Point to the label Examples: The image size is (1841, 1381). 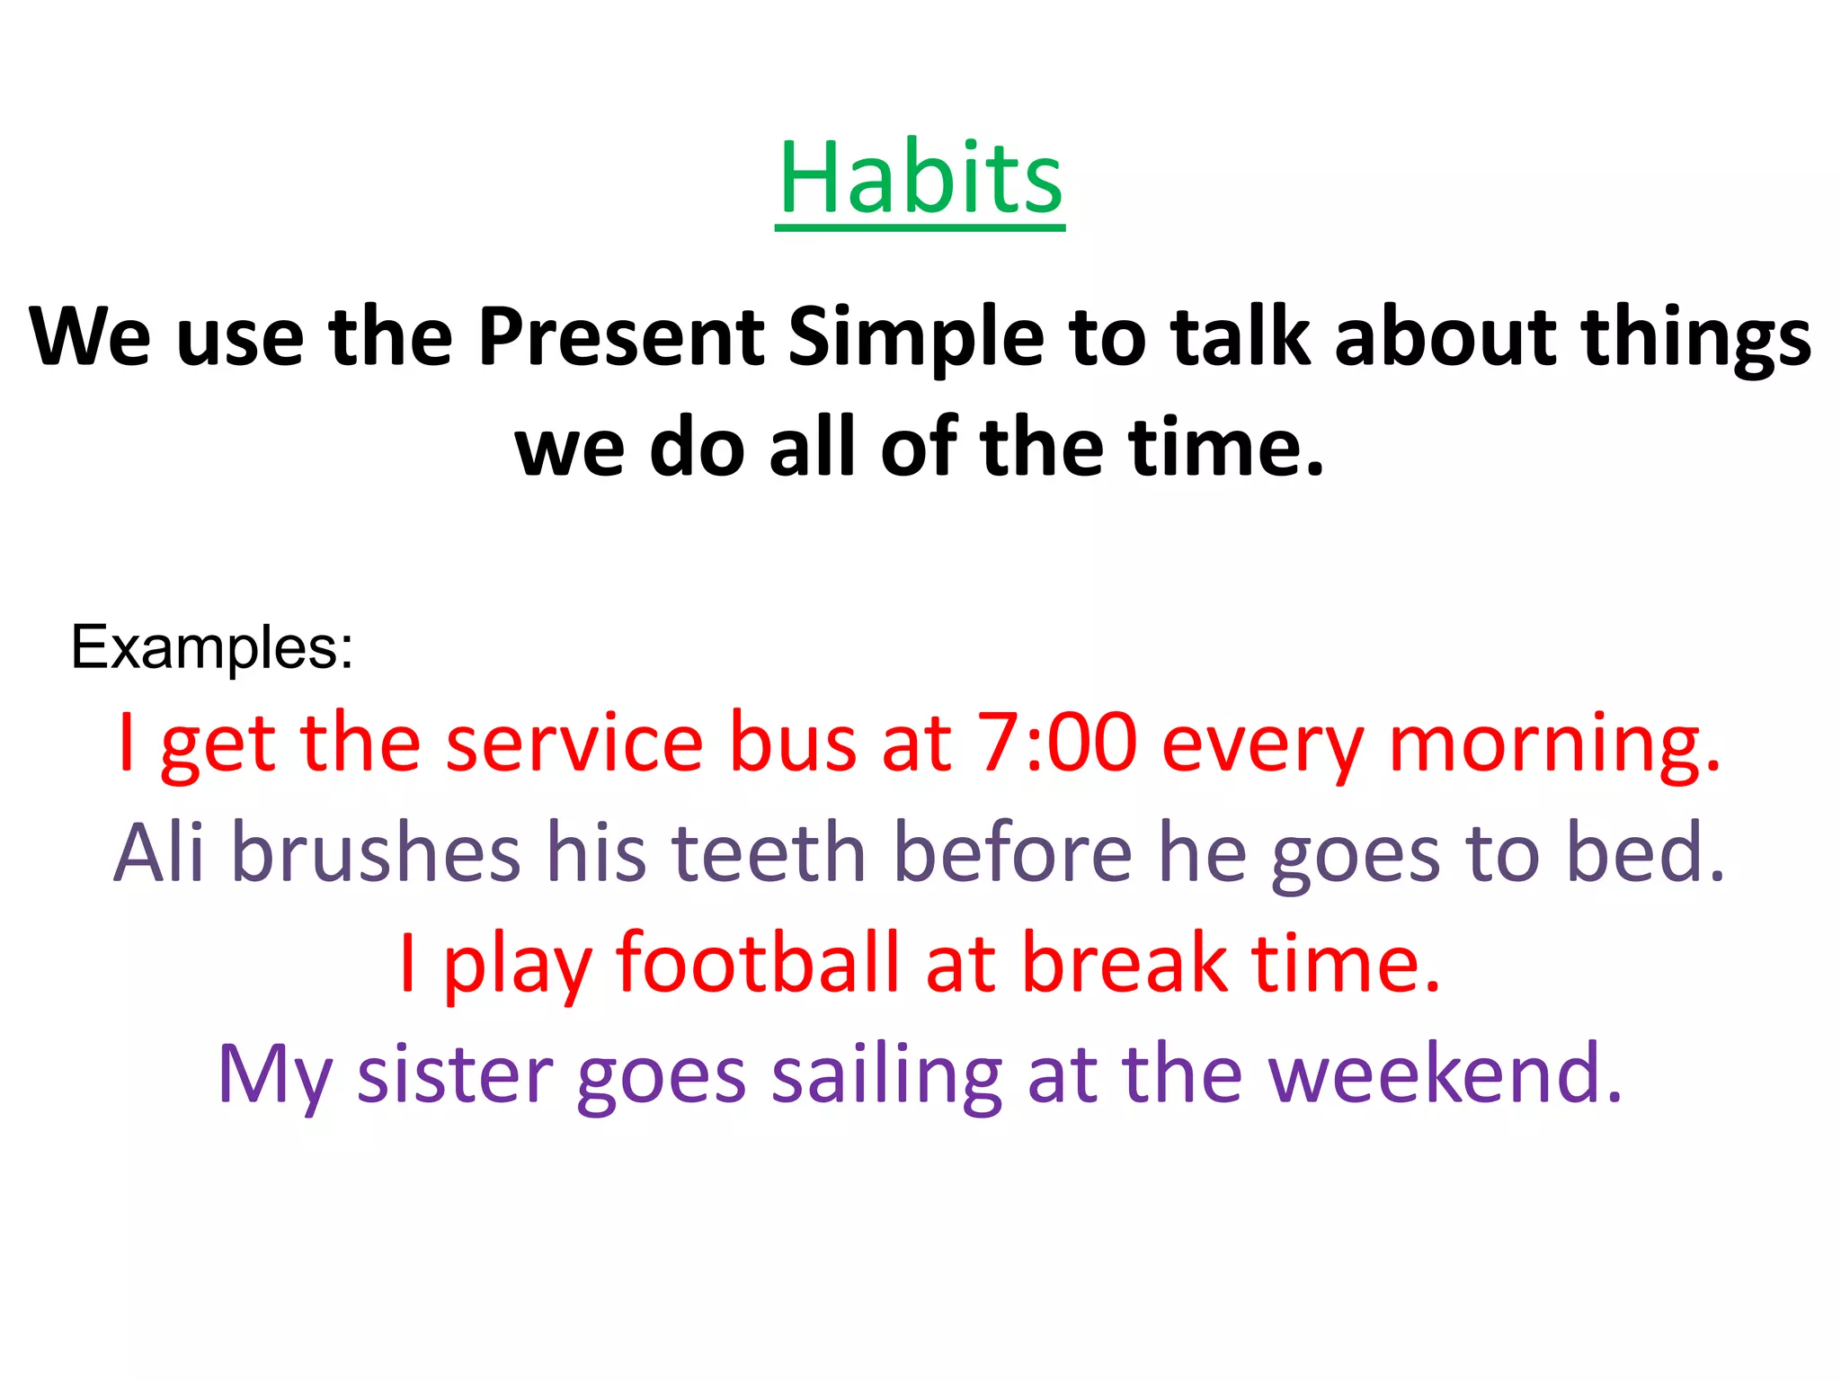pyautogui.click(x=212, y=646)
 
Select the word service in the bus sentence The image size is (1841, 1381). pyautogui.click(x=574, y=743)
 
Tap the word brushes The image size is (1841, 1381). pyautogui.click(x=376, y=851)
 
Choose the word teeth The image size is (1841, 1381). pyautogui.click(x=769, y=851)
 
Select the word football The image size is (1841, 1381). pyautogui.click(x=757, y=962)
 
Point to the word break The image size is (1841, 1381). pyautogui.click(x=1125, y=962)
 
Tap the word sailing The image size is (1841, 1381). pyautogui.click(x=886, y=1074)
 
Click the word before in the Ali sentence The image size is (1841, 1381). pyautogui.click(x=1013, y=851)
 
